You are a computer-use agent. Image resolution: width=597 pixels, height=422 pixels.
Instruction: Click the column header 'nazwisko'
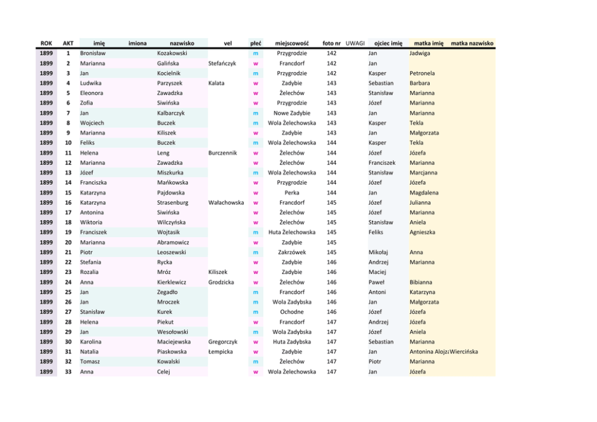[182, 43]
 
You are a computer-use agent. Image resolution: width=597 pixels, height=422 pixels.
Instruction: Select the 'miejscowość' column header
[292, 43]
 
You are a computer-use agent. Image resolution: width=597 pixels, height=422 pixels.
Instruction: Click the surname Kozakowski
[172, 53]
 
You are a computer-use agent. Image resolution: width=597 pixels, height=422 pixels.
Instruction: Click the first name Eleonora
[91, 93]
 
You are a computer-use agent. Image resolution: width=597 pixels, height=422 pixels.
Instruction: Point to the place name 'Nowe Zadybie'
[292, 113]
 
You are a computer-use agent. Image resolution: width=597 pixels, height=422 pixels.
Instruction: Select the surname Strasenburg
[173, 202]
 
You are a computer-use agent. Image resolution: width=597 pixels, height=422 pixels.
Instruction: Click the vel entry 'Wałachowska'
[226, 202]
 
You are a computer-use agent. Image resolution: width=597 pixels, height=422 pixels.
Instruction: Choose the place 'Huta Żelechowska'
[292, 232]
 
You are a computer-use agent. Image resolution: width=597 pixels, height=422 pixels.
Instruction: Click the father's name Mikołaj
[378, 252]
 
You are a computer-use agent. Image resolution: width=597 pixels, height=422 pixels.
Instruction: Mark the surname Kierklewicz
[172, 282]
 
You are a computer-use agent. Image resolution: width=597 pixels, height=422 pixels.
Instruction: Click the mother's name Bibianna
[421, 282]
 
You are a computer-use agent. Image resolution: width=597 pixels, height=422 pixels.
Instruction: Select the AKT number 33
[69, 371]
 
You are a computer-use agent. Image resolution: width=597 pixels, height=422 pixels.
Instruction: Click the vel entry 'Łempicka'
[220, 352]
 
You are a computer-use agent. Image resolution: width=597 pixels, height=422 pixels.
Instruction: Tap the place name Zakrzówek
[292, 252]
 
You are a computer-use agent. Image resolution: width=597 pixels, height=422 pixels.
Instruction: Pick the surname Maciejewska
[174, 341]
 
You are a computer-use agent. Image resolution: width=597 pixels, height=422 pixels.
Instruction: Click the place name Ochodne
[292, 312]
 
